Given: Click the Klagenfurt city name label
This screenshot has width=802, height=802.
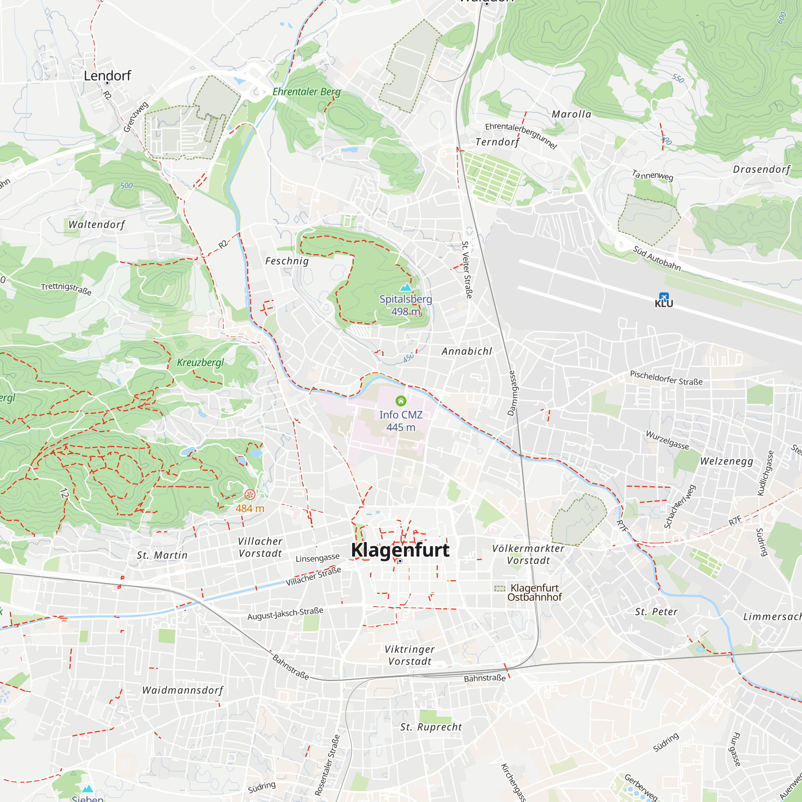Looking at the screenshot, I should [x=400, y=550].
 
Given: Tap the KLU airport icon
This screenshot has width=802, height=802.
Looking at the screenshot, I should [x=664, y=297].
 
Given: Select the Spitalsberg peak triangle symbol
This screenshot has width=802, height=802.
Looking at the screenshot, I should [x=405, y=287].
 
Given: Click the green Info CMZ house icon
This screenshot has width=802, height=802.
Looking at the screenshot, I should [x=401, y=401].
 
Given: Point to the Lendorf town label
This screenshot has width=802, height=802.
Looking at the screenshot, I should [x=107, y=75].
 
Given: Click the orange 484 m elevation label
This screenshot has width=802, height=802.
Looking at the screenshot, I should [x=249, y=508].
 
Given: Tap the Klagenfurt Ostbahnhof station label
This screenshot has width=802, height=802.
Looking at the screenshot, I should [x=534, y=592].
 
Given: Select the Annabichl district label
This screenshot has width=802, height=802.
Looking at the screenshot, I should [x=467, y=351].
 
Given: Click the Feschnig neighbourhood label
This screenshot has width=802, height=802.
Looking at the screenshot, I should [x=287, y=261].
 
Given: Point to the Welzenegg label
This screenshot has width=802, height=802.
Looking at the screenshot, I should [x=727, y=461].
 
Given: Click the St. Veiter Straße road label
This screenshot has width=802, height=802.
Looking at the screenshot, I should [x=467, y=269].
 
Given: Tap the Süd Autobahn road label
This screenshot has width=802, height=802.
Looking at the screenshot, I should [x=657, y=258].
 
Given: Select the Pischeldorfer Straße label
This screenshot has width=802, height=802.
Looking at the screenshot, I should [x=666, y=378].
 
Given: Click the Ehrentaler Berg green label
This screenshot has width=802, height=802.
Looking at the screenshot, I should [x=306, y=92].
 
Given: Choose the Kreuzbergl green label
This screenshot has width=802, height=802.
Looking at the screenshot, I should [x=200, y=363].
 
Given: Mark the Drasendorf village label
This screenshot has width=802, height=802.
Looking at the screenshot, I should [x=761, y=169].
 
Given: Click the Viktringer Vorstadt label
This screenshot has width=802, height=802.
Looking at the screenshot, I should [x=409, y=655].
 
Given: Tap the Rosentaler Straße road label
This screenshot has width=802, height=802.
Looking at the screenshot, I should [x=327, y=765].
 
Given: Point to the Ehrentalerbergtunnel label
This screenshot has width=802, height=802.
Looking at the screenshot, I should [x=520, y=135].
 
